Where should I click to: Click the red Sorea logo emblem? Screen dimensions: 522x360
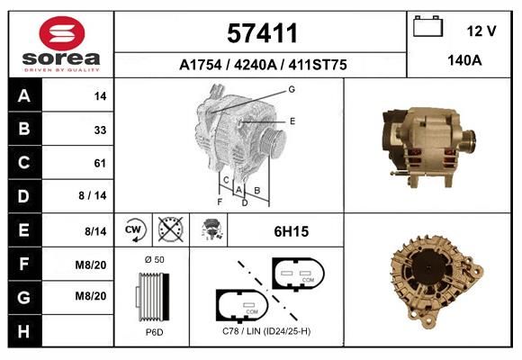(62, 33)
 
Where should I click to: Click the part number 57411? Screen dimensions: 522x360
(262, 33)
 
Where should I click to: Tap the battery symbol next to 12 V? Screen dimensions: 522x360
(427, 26)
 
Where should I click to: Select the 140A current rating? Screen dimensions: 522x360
(464, 60)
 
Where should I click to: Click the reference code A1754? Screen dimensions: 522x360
(201, 65)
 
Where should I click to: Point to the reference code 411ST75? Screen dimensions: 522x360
(318, 65)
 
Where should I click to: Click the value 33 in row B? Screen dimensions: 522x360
(100, 130)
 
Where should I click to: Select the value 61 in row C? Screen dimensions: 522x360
(100, 163)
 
